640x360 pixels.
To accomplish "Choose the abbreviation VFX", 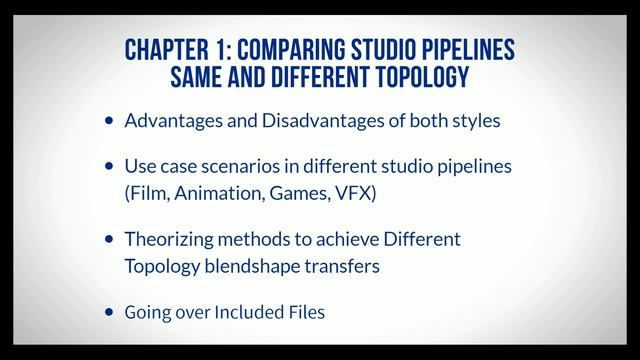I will pyautogui.click(x=351, y=192).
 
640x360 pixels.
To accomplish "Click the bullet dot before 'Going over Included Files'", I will pyautogui.click(x=110, y=312).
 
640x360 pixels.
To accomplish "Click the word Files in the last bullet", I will pyautogui.click(x=306, y=312).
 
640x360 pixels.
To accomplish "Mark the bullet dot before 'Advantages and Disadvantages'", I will pyautogui.click(x=110, y=121).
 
